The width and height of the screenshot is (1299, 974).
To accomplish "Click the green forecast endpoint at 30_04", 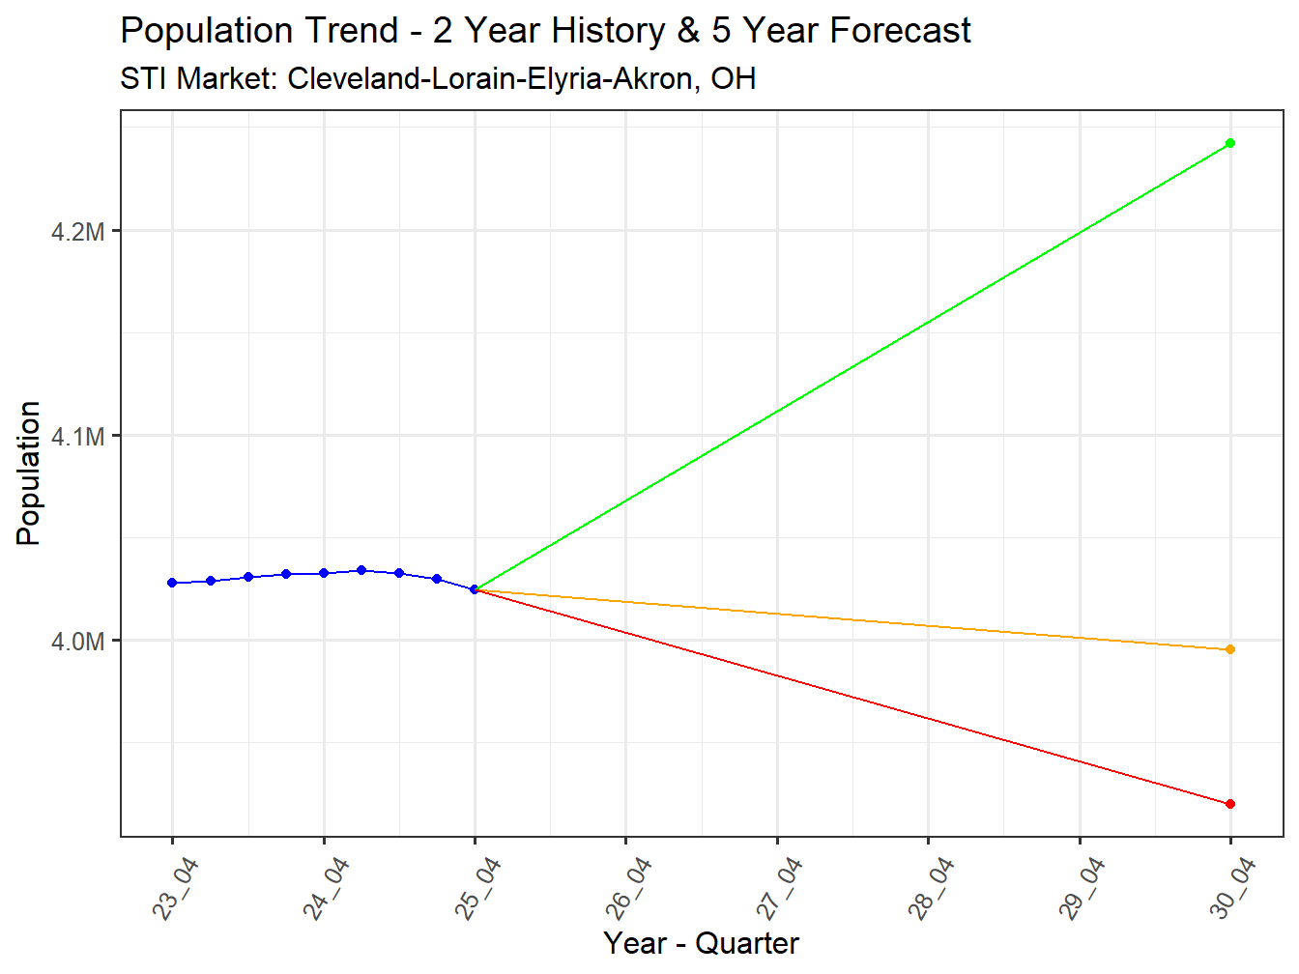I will [1229, 143].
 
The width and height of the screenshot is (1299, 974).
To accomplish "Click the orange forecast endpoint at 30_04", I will [1229, 649].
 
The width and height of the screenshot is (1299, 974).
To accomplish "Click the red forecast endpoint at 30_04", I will [1229, 804].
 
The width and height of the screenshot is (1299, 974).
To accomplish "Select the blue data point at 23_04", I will [172, 583].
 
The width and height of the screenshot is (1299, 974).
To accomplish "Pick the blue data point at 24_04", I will [324, 573].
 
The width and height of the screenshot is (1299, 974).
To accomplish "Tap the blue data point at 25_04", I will [475, 589].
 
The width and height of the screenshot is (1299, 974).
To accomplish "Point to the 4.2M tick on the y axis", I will [78, 232].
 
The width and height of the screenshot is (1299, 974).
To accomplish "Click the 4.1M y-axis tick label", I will [78, 437].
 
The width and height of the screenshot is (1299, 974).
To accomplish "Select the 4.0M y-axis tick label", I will [78, 642].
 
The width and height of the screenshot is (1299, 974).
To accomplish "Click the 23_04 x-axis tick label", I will [175, 889].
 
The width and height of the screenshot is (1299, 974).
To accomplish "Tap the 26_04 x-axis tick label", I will [628, 889].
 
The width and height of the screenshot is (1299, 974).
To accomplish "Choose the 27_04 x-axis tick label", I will [779, 889].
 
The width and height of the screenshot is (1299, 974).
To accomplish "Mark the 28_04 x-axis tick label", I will [931, 889].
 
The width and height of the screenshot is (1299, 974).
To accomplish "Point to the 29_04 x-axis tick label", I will [1082, 889].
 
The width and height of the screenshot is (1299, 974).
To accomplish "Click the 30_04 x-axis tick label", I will [1232, 889].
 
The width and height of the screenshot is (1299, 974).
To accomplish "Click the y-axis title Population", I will [29, 473].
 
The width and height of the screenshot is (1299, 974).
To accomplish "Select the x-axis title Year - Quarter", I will [701, 943].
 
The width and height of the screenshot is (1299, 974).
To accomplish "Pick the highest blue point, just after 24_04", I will [361, 570].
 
